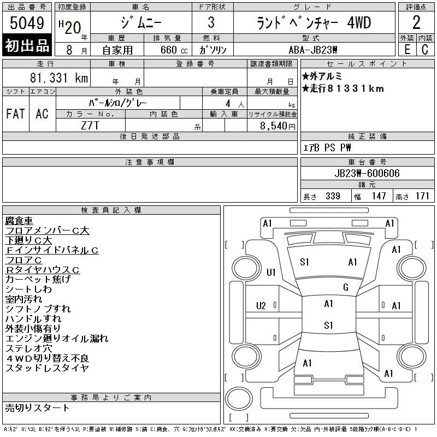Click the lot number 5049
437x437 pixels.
(27, 23)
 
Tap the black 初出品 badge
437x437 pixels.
(27, 45)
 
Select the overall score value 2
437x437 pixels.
(416, 22)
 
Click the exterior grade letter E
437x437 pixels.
(407, 50)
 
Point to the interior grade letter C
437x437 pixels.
(425, 50)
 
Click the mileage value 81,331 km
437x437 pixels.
(59, 78)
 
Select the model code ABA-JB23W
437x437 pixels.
(313, 50)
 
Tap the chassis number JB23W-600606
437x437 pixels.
(367, 173)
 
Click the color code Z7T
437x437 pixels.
(90, 126)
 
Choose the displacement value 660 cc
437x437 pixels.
(174, 50)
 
